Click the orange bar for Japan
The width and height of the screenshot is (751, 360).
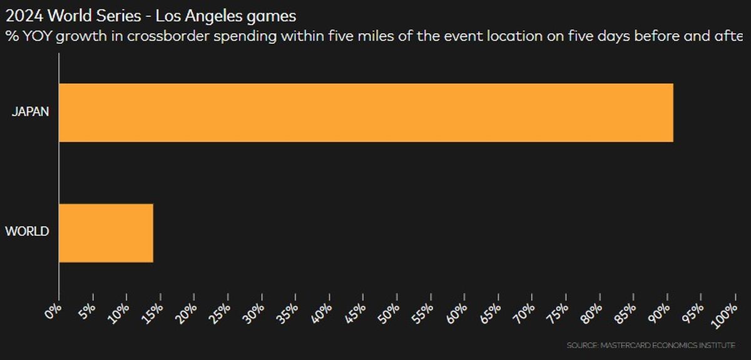366,113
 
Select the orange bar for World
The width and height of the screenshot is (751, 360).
106,233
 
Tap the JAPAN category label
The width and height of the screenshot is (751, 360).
30,113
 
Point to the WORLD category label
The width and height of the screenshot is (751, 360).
28,232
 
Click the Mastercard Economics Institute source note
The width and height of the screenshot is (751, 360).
651,346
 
